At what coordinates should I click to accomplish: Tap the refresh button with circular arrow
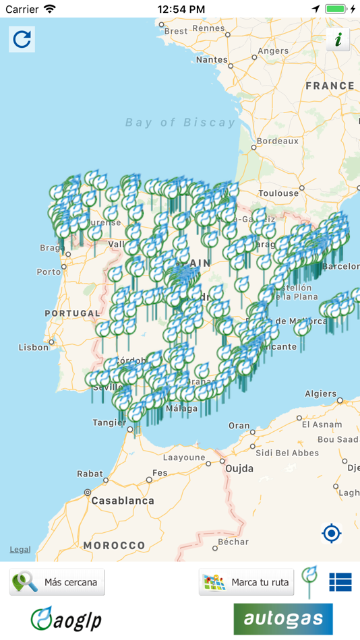tap(22, 39)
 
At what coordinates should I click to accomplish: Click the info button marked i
tap(338, 40)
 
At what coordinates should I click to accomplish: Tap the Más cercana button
tap(57, 582)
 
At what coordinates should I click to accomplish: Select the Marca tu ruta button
tap(246, 582)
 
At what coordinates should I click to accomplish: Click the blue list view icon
tap(340, 582)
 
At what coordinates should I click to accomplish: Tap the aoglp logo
tap(66, 618)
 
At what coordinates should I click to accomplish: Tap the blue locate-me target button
tap(332, 534)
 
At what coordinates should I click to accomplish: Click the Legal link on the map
tap(20, 550)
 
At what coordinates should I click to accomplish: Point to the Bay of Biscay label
tap(181, 123)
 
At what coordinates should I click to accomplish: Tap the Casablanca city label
tap(122, 501)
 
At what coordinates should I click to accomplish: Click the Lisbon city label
tap(34, 348)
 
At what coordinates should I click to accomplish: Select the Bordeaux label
tap(278, 141)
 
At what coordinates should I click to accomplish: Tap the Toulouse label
tap(278, 193)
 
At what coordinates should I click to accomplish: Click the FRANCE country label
tap(330, 86)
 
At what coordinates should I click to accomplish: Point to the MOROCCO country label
tap(114, 545)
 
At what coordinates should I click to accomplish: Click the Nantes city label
tap(212, 59)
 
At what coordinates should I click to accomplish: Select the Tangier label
tap(109, 423)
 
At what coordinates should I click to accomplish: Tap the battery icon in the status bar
tap(335, 9)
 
